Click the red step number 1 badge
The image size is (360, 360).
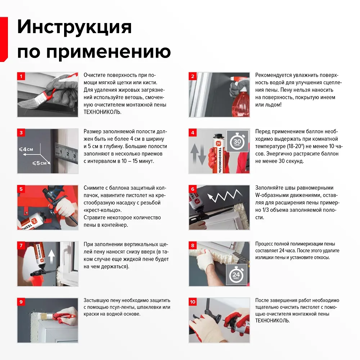pyautogui.click(x=21, y=76)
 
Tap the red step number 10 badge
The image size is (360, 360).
pyautogui.click(x=193, y=302)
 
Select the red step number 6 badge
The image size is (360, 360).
pyautogui.click(x=193, y=189)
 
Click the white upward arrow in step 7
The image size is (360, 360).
pyautogui.click(x=51, y=256)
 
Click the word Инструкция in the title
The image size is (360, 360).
pyautogui.click(x=75, y=27)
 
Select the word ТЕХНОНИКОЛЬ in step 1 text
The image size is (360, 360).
pyautogui.click(x=102, y=112)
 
